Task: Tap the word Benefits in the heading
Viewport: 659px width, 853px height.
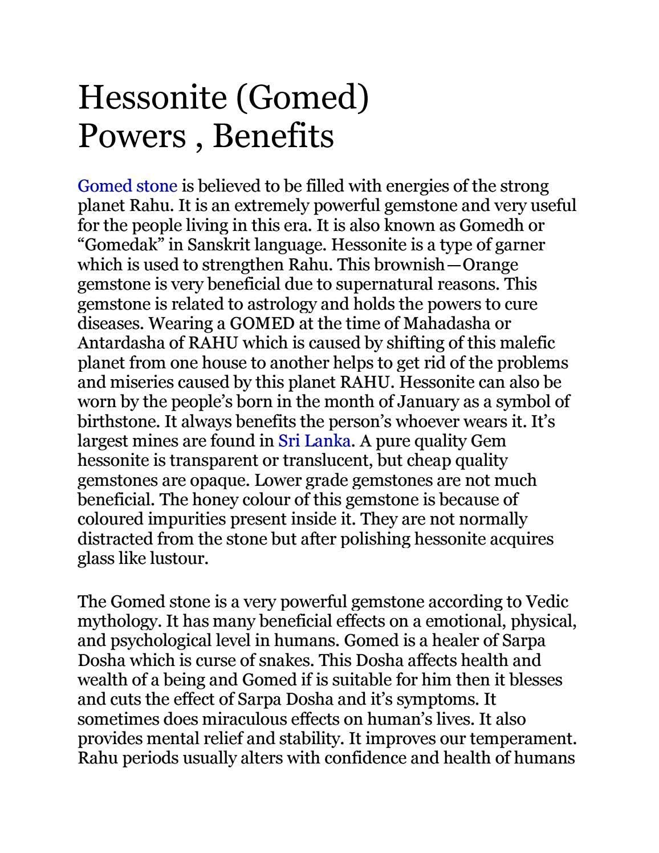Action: point(273,136)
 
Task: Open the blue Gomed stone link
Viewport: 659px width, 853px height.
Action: point(127,186)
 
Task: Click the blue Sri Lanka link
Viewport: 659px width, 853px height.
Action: point(313,441)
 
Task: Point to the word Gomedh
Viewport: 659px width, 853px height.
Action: point(490,225)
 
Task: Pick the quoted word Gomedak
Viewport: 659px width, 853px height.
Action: point(117,245)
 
